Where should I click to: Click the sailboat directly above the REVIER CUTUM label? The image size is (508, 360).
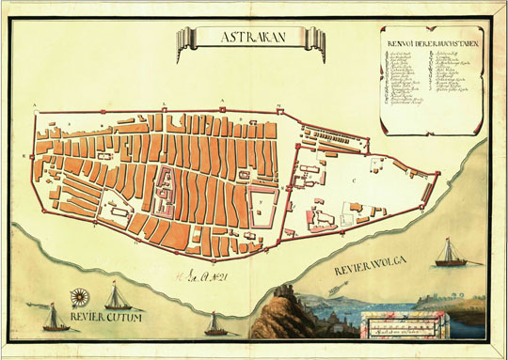click(x=117, y=299)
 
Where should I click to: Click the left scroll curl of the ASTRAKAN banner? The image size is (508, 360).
click(x=188, y=39)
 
